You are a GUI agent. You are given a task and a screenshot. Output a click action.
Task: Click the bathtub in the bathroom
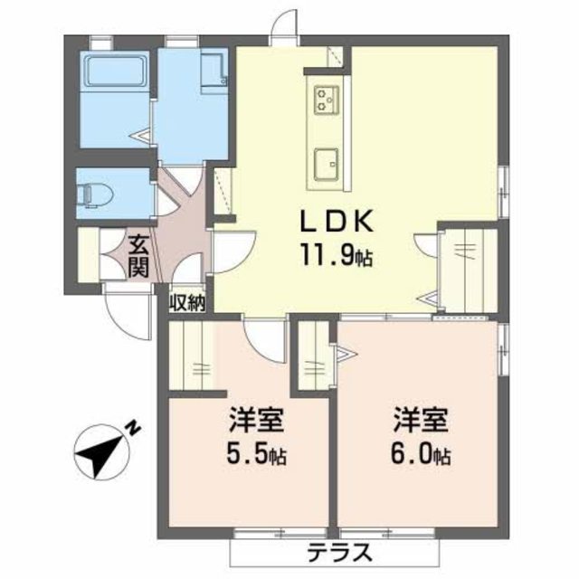coord(115,71)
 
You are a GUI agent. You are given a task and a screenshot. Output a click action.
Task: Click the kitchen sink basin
coord(326,165)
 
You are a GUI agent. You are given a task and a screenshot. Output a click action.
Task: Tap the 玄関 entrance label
coord(138,256)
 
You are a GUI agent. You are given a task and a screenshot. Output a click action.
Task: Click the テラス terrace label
coord(339,552)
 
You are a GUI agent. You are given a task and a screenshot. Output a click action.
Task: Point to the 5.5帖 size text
coord(256,456)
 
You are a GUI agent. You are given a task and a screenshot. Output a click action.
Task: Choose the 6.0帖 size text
coord(420,456)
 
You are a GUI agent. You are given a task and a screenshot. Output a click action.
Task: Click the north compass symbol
coord(101,451)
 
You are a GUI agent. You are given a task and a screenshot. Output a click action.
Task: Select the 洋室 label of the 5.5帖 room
coord(256,420)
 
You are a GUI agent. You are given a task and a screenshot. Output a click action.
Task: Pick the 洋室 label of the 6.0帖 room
coord(421,420)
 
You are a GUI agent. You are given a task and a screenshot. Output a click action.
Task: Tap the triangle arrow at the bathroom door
coord(143,136)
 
